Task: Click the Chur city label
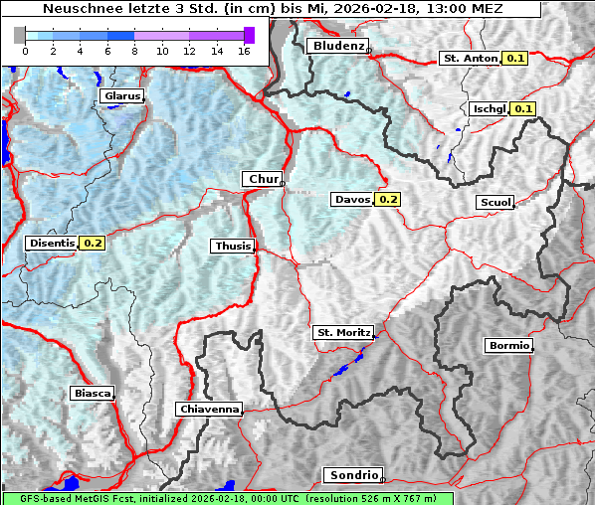tap(263, 179)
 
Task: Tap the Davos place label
tap(352, 200)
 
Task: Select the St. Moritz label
tap(342, 332)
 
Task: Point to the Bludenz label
tap(336, 46)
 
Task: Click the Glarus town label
tap(120, 96)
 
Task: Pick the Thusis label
tap(233, 246)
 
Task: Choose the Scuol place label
tap(495, 203)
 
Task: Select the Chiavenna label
tap(209, 409)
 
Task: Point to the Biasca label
tap(93, 393)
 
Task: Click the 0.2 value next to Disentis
tap(93, 243)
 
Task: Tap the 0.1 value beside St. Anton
tap(515, 59)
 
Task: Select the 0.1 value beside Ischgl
tap(523, 108)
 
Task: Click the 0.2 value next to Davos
tap(388, 200)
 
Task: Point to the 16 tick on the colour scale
tap(245, 50)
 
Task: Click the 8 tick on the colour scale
tap(134, 50)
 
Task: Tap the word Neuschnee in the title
tap(81, 9)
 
